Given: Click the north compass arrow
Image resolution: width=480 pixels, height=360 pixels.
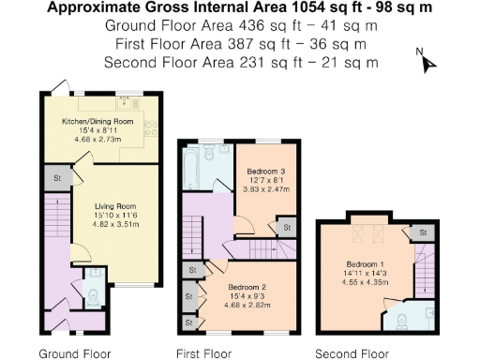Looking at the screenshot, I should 429,63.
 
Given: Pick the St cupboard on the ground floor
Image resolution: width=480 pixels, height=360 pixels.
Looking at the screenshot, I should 57,178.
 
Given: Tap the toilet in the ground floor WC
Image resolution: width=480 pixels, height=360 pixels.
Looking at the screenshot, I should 91,294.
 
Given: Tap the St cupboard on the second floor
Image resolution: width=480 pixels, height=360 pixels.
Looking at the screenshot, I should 422,232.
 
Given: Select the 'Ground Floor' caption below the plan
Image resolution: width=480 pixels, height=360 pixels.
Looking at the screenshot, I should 74,353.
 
